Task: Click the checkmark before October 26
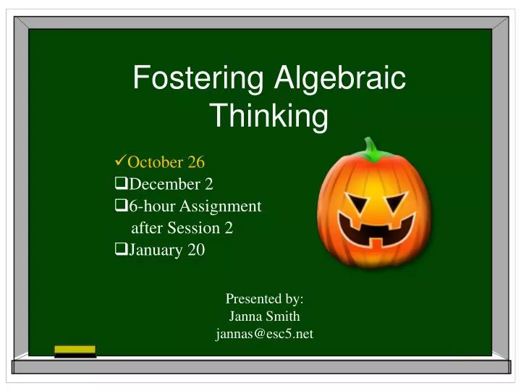click(x=121, y=161)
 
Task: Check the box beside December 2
click(x=121, y=184)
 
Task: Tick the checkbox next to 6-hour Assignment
click(x=121, y=206)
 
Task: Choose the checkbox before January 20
click(x=121, y=251)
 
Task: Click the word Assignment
click(x=224, y=206)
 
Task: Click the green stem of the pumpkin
click(x=373, y=150)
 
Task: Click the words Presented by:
click(x=264, y=298)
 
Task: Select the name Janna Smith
click(x=264, y=316)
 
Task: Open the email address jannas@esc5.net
click(x=264, y=335)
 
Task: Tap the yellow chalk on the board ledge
click(x=75, y=350)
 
